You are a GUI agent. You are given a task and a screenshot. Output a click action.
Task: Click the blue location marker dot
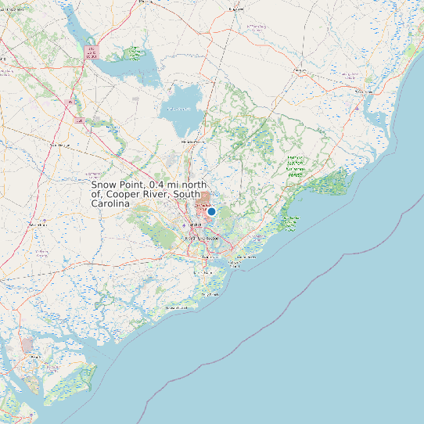(x=211, y=211)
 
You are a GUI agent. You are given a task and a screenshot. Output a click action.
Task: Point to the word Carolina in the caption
(x=110, y=203)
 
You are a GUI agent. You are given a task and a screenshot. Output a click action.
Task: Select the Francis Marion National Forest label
(x=295, y=166)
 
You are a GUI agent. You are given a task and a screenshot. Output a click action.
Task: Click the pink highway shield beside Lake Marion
(x=92, y=52)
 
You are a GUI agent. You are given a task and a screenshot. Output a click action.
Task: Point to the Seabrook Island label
(x=176, y=308)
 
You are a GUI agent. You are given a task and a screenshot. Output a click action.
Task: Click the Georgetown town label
(x=365, y=91)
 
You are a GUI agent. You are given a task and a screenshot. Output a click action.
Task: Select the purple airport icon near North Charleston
(x=185, y=225)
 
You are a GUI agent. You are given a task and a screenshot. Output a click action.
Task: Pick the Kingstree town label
(x=233, y=9)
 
